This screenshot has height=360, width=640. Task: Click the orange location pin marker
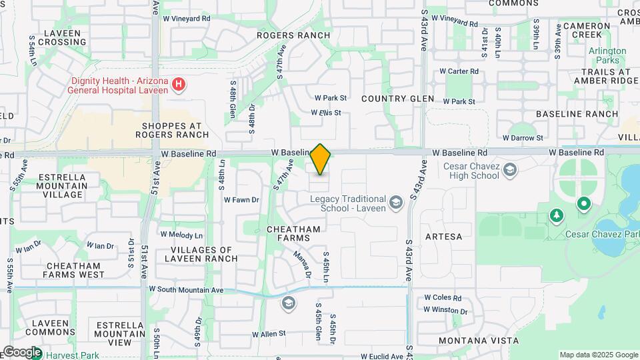tap(321, 160)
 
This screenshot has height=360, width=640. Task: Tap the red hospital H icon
tap(178, 85)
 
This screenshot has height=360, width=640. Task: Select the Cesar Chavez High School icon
tap(510, 169)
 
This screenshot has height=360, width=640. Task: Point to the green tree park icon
tap(557, 215)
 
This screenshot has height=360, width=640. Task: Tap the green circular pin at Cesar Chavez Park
tap(584, 203)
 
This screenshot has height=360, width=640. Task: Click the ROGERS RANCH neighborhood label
tap(294, 35)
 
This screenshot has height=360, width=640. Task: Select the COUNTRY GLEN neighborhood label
tap(398, 99)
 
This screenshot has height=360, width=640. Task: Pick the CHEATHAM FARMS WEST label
tap(74, 270)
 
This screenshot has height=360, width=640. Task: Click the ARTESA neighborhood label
tap(443, 237)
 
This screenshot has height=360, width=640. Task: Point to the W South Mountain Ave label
tap(186, 289)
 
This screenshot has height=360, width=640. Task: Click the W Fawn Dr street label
tap(241, 199)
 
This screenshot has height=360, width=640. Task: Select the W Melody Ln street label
tap(181, 235)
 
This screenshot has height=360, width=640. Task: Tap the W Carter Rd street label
tap(459, 71)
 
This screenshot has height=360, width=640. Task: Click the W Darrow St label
tap(523, 137)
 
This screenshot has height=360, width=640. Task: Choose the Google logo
tap(21, 352)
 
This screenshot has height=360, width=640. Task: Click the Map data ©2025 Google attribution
tap(599, 355)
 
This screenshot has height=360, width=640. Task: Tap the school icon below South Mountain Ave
tap(288, 304)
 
